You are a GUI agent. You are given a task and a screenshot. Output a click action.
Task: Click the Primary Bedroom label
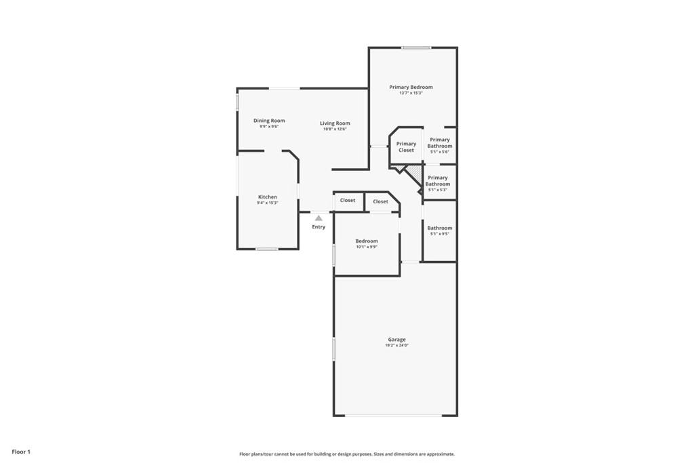tap(411, 87)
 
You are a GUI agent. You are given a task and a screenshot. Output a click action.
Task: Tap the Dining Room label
tap(269, 121)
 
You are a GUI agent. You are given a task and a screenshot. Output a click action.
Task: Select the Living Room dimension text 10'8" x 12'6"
tap(335, 129)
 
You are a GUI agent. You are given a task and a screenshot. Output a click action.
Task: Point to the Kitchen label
tap(268, 197)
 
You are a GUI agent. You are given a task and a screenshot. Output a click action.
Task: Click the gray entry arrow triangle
tap(319, 218)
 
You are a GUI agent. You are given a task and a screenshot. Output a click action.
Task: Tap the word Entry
tap(319, 226)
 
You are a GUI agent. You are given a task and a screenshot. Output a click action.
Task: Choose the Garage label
tap(396, 340)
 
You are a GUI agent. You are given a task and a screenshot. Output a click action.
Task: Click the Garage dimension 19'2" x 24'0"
tap(396, 345)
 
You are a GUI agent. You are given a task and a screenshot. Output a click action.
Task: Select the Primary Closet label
tap(407, 147)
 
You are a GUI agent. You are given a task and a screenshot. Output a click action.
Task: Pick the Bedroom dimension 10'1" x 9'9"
tap(367, 247)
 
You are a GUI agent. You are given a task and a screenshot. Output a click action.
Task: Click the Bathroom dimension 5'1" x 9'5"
tap(439, 234)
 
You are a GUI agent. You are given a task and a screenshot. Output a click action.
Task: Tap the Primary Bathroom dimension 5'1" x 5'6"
tap(439, 151)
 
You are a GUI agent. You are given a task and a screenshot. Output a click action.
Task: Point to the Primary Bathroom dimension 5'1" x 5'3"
tap(438, 189)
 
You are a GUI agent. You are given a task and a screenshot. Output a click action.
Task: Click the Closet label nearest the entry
tap(348, 200)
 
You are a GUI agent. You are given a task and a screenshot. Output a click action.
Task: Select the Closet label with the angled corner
tap(381, 201)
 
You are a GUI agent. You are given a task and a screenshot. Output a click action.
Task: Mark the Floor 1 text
tap(21, 452)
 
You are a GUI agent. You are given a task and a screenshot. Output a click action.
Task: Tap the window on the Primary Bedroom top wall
tap(416, 48)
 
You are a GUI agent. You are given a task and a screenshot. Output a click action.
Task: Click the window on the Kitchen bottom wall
tap(267, 249)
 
